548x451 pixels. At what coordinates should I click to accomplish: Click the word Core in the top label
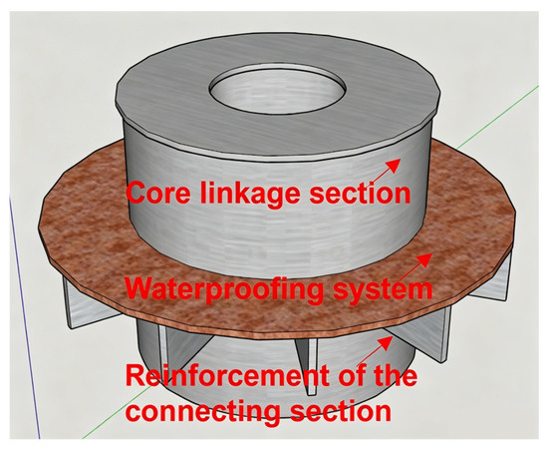click(x=158, y=193)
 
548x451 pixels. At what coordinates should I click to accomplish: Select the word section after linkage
click(x=360, y=193)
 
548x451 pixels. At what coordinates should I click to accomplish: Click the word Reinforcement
click(x=227, y=375)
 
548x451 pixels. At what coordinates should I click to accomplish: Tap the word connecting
click(x=203, y=412)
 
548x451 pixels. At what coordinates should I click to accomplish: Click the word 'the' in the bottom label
click(x=394, y=375)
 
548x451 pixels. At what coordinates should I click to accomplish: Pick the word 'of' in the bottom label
click(x=349, y=375)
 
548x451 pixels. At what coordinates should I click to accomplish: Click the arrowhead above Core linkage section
click(x=395, y=165)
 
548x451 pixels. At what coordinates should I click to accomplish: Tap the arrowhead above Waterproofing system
click(x=425, y=260)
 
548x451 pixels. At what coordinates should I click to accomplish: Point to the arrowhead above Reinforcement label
click(x=386, y=343)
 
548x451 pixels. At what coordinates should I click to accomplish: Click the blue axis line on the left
click(x=24, y=315)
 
